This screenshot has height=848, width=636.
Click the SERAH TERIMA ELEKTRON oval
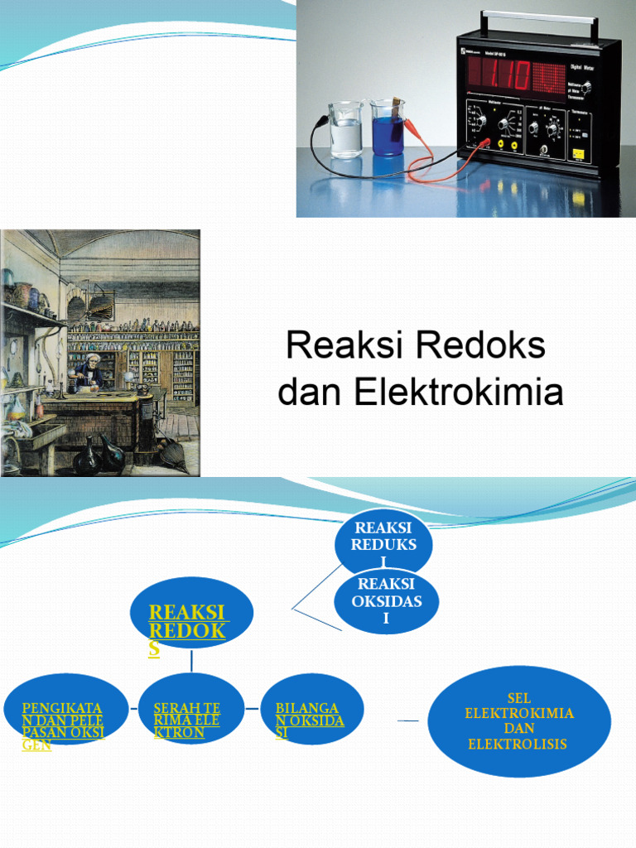[191, 710]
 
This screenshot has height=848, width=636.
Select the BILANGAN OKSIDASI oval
[311, 710]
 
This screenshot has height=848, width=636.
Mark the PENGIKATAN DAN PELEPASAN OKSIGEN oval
[65, 710]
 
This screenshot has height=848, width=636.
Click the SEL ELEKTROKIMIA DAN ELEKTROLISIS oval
[519, 720]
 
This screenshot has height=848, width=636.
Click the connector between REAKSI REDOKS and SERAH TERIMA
[191, 661]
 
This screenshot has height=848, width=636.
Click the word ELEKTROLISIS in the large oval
[518, 744]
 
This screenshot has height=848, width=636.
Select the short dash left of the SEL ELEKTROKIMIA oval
[408, 721]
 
